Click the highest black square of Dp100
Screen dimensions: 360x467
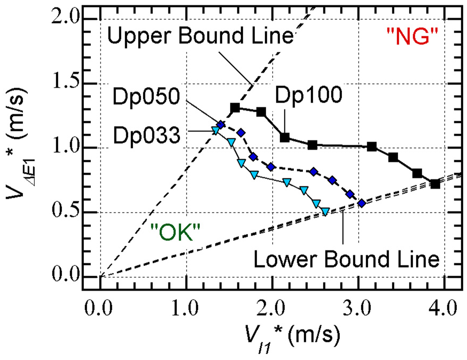pos(235,108)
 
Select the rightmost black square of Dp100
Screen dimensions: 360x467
pos(435,184)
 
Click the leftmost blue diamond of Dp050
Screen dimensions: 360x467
pos(220,124)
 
